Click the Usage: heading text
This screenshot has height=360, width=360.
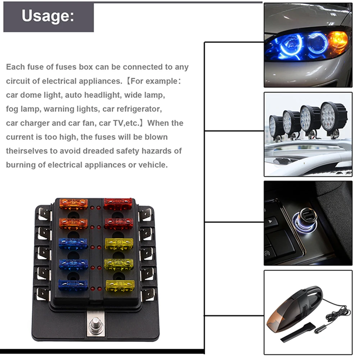pyautogui.click(x=48, y=16)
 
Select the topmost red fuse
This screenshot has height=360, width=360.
pyautogui.click(x=118, y=204)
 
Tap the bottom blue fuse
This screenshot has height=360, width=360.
pyautogui.click(x=73, y=285)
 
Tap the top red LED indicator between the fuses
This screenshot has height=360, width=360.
pyautogui.click(x=96, y=208)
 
